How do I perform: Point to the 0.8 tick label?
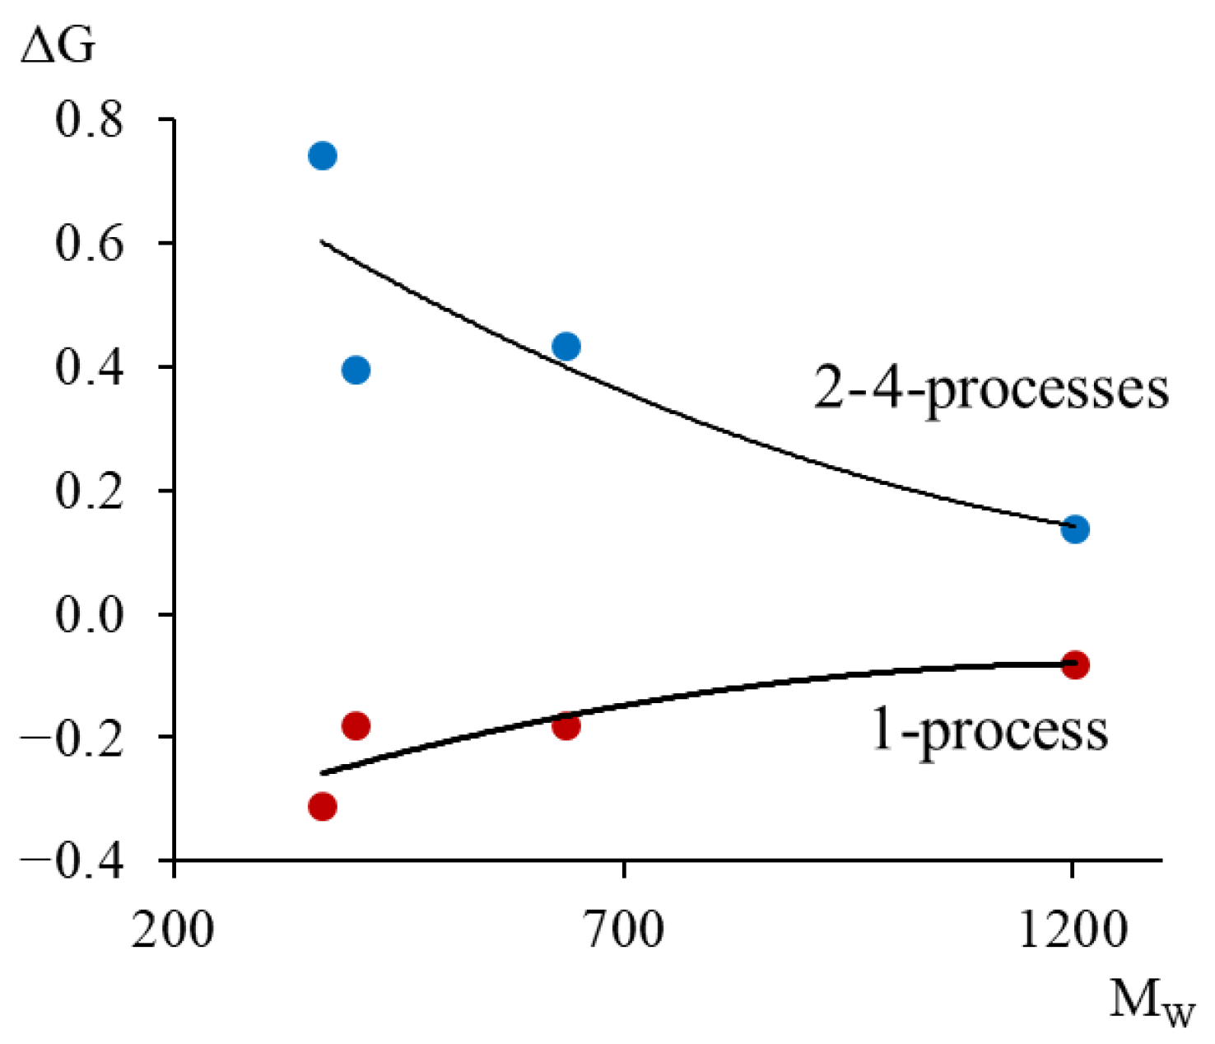click(89, 120)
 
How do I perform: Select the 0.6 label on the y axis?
click(89, 244)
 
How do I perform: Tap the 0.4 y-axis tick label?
click(89, 367)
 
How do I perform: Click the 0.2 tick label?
click(89, 491)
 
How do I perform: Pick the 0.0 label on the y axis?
click(89, 615)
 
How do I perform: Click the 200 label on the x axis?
click(173, 930)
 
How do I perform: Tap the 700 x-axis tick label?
click(624, 930)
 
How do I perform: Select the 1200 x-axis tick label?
click(1072, 930)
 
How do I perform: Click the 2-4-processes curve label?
click(991, 388)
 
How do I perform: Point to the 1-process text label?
click(989, 729)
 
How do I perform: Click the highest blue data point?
click(323, 156)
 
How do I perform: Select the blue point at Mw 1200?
click(1075, 529)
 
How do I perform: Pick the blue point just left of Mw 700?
click(566, 347)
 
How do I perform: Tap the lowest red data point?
click(323, 806)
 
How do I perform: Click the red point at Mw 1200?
click(1075, 664)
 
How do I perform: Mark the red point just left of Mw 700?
click(566, 726)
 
